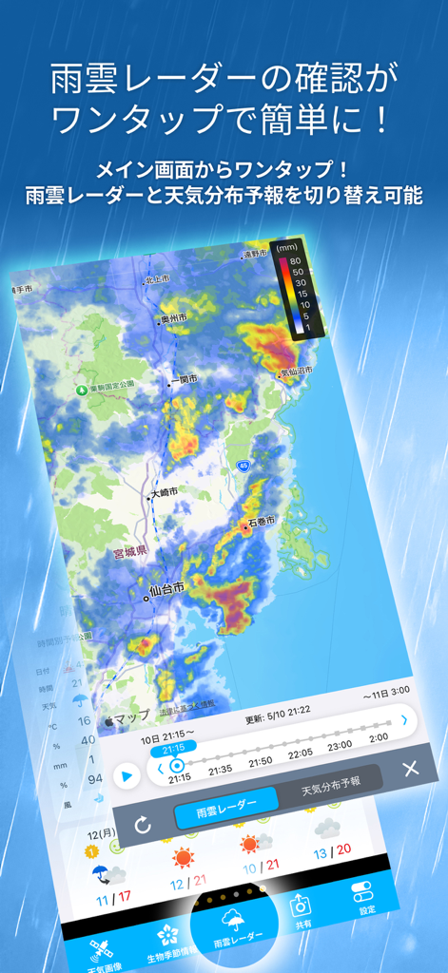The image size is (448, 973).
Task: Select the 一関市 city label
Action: click(184, 380)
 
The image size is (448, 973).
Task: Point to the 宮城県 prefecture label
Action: click(127, 551)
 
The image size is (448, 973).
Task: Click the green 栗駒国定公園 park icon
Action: click(83, 390)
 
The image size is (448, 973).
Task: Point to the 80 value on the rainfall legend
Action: click(295, 260)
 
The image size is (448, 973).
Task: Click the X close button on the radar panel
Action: click(411, 769)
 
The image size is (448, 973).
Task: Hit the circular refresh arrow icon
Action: click(143, 825)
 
